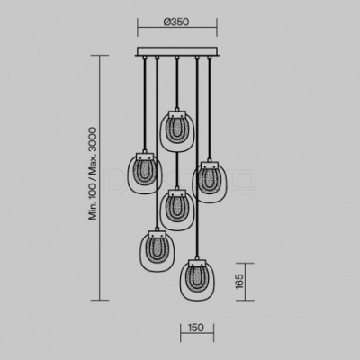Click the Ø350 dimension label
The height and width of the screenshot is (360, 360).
point(176,22)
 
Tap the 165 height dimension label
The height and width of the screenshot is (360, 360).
point(239,281)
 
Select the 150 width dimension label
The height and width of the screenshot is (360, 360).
point(196,328)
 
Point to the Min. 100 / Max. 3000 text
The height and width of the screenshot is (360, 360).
point(94,174)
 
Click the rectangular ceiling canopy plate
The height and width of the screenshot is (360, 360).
point(177,51)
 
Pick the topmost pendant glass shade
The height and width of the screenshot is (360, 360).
point(177,131)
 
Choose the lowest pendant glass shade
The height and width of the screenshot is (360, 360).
point(197,280)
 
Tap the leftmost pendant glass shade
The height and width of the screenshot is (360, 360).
point(145,173)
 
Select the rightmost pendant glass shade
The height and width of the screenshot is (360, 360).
point(210,182)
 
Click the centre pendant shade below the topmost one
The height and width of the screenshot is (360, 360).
point(177,210)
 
